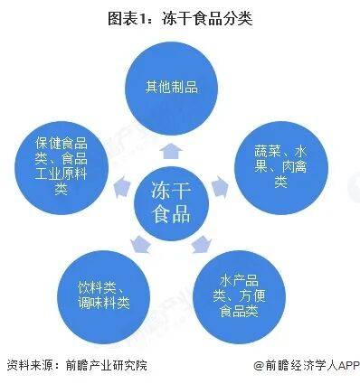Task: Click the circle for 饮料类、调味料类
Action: (x=104, y=291)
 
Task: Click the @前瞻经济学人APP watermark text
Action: (x=305, y=366)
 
